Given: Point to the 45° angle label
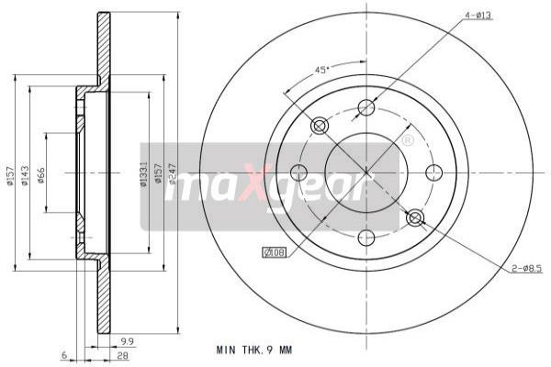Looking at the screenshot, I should click(x=322, y=70).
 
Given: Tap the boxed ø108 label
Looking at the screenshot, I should click(x=275, y=251).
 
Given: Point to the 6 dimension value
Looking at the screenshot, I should click(x=65, y=355).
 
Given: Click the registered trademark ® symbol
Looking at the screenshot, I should click(x=408, y=140).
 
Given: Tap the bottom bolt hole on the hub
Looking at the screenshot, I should click(x=366, y=239).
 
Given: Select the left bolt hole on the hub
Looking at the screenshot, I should click(x=298, y=172).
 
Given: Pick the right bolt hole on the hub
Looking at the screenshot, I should click(x=434, y=172).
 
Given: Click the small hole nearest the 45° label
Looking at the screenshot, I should click(x=320, y=126).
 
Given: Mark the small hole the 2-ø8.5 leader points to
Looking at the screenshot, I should click(x=414, y=217).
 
